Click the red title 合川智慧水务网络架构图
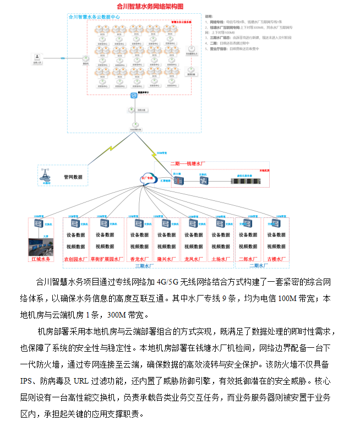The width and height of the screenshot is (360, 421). tap(150, 7)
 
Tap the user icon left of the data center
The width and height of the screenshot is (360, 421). tap(37, 57)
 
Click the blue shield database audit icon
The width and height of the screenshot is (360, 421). tap(134, 96)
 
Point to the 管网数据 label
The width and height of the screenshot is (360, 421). tap(73, 177)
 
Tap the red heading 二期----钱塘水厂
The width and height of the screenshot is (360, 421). tap(188, 163)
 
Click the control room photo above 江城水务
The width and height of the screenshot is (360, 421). tap(43, 246)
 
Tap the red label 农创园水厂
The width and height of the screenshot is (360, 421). tap(75, 259)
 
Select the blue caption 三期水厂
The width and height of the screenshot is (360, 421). tap(144, 266)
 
